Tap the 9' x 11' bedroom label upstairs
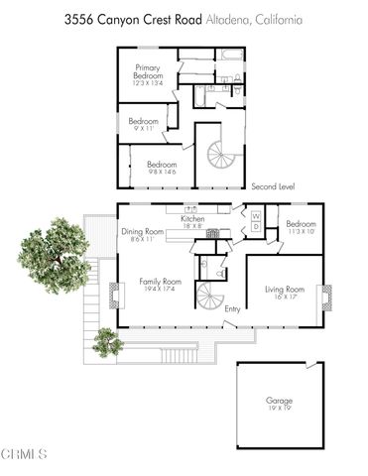coord(144,125)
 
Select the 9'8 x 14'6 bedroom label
coord(161,168)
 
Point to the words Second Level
coord(274,186)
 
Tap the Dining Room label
coord(140,234)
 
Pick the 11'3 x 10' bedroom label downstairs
coord(301,227)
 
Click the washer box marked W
coord(255,215)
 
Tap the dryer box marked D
coord(255,228)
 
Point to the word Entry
coord(232,310)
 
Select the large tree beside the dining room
coord(54,253)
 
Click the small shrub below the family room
coord(106,342)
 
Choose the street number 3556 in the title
coord(78,19)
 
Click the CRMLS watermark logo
coord(24,454)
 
